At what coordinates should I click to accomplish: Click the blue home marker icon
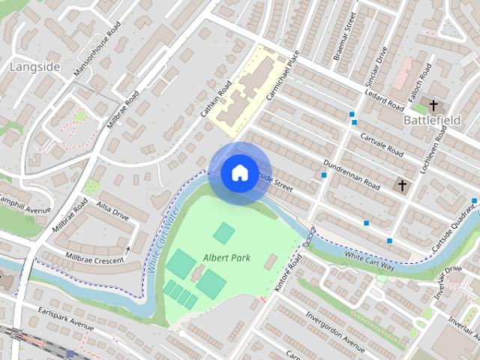tap(239, 172)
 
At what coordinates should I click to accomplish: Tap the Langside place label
tap(34, 67)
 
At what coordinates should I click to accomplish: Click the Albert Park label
tap(226, 258)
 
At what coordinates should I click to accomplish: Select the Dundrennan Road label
tap(352, 175)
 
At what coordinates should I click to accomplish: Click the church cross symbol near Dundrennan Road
tap(402, 184)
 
